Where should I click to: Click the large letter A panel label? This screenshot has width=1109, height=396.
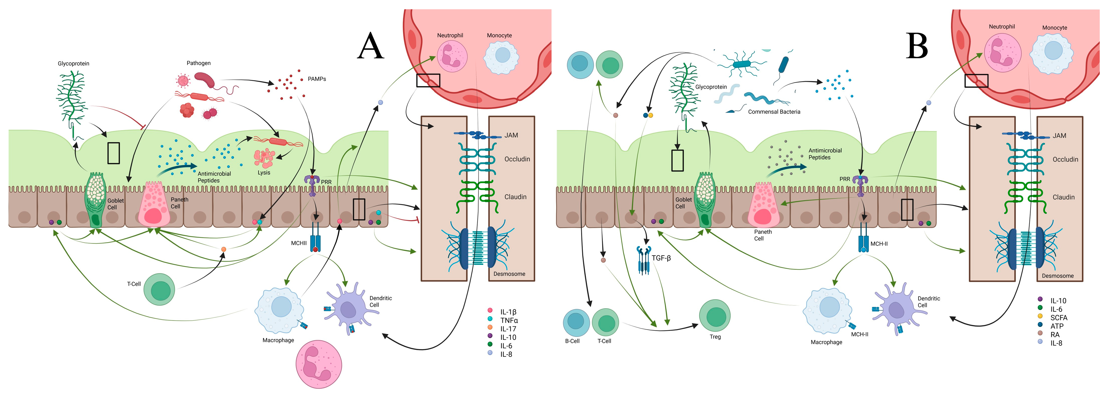tap(370, 47)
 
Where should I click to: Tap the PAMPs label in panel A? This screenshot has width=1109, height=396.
tap(317, 79)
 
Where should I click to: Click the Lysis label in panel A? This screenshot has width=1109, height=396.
tap(264, 173)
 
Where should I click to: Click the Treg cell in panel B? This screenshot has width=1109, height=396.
tap(715, 316)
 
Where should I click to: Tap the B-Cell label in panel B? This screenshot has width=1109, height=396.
tap(572, 341)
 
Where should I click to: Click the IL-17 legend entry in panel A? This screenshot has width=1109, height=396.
tap(508, 329)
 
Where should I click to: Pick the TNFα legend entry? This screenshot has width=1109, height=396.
tap(509, 320)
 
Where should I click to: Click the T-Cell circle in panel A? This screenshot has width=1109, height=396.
tap(159, 289)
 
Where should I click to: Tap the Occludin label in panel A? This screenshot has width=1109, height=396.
tap(517, 159)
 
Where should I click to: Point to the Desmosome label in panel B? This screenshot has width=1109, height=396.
tap(1057, 276)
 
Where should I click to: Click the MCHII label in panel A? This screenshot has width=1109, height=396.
tap(299, 243)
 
